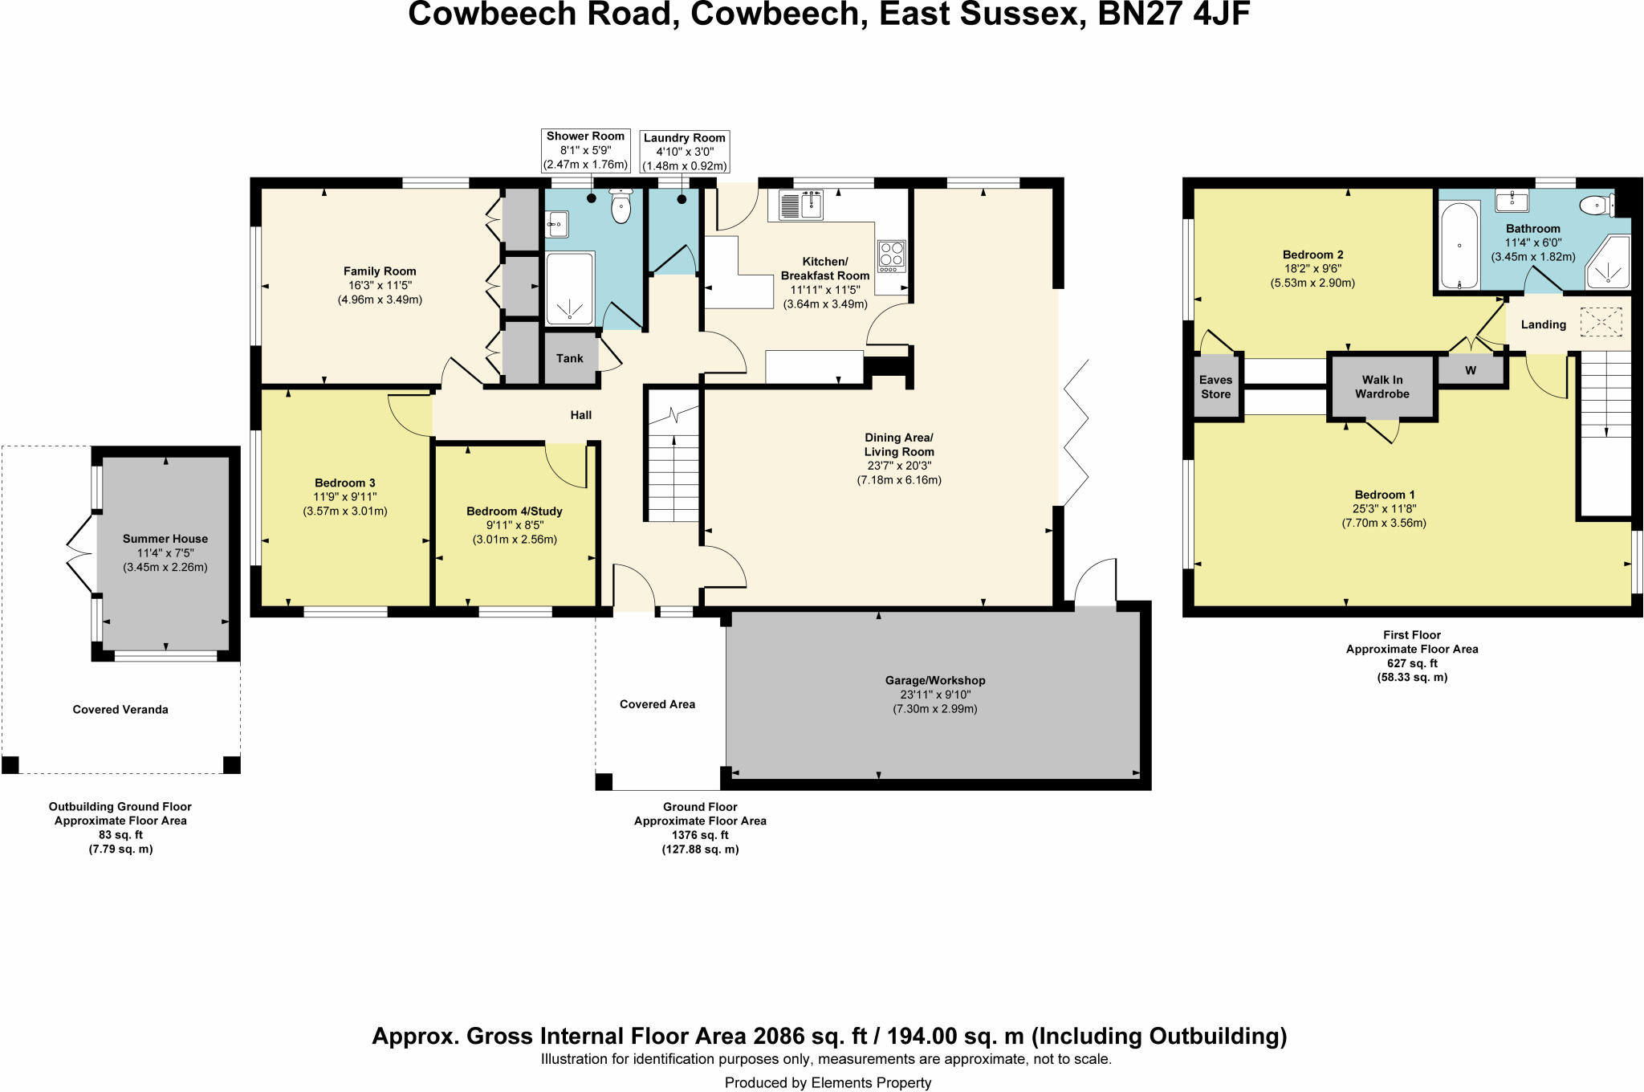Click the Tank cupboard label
click(569, 358)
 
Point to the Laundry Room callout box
click(684, 152)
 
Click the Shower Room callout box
click(585, 150)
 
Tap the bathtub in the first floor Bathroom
click(1459, 245)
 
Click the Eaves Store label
click(1215, 387)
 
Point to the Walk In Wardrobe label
click(1382, 387)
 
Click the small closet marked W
click(1471, 371)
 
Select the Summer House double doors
click(80, 554)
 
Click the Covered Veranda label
click(120, 710)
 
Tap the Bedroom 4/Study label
click(515, 511)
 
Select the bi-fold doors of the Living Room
click(1076, 434)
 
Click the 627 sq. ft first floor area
click(1412, 663)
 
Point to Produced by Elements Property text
click(828, 1082)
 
